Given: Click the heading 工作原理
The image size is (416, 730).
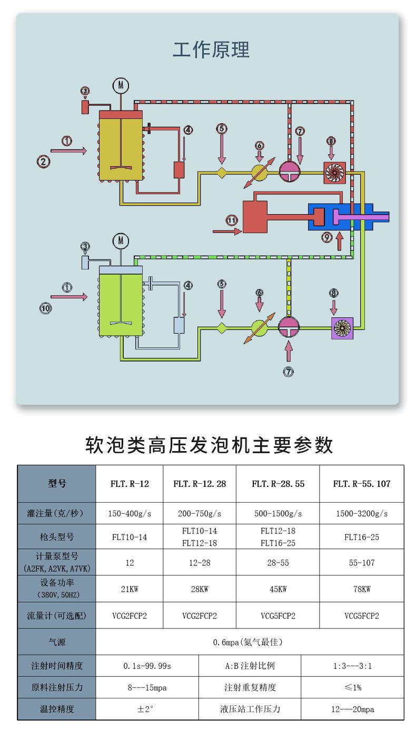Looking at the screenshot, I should click(x=211, y=50).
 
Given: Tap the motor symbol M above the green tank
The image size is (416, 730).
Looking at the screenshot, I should click(x=121, y=241).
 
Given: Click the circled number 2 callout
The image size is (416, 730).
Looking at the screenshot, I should click(x=43, y=162).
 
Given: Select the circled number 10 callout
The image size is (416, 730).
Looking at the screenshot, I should click(x=46, y=308).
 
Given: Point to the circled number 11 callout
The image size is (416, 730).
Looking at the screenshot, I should click(x=232, y=220).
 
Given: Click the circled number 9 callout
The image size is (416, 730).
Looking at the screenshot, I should click(x=327, y=238).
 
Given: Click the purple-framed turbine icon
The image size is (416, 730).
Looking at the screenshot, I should click(x=340, y=328).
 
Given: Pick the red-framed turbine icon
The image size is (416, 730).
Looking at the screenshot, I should click(x=333, y=172).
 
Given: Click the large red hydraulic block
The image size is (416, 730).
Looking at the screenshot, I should click(x=254, y=216).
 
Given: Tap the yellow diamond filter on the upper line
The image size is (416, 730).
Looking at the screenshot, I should click(x=222, y=172).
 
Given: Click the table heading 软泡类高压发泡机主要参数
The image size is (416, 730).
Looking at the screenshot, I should click(x=209, y=445).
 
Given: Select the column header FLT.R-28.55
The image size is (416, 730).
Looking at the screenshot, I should click(x=278, y=484).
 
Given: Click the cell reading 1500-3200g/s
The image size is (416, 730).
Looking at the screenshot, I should click(x=362, y=514).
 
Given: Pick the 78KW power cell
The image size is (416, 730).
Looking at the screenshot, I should click(x=362, y=589).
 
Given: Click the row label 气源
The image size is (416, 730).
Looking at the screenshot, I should click(x=57, y=643).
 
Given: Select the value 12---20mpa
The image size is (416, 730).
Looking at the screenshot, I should click(x=352, y=709).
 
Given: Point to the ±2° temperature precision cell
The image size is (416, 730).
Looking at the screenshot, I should click(x=146, y=709).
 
